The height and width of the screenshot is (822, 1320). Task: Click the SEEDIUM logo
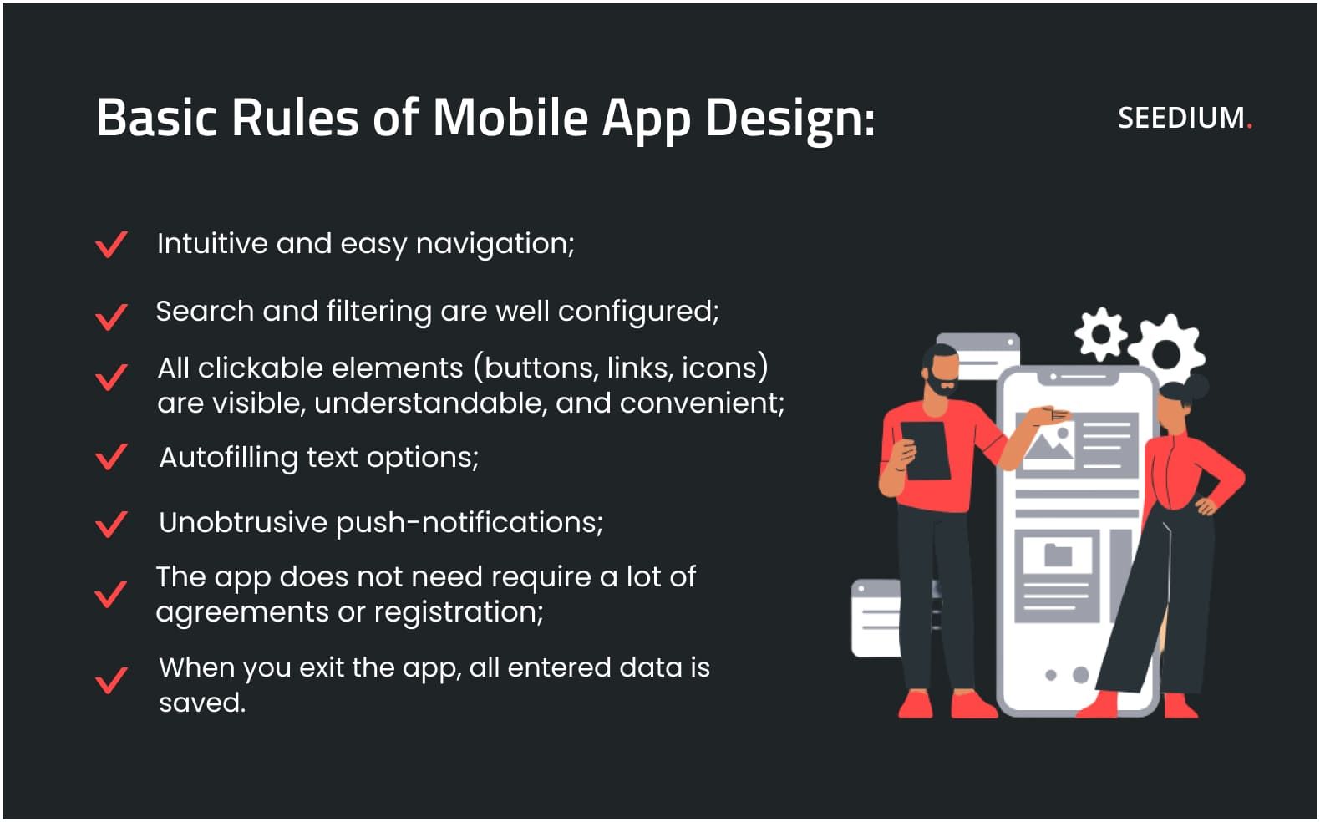coord(1184,118)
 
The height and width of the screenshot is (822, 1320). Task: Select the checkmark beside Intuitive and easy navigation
coord(111,245)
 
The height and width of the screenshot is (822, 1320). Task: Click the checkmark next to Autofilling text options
coord(111,457)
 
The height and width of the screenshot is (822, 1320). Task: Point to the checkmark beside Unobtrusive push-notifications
coord(111,524)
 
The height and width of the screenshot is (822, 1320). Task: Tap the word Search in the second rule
coord(205,312)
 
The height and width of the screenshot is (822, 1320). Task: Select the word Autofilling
coord(228,458)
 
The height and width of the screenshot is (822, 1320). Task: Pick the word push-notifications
coord(467,524)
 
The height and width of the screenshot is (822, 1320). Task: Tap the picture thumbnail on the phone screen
coord(1048,444)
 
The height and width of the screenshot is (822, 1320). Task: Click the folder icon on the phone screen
coord(1058,554)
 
